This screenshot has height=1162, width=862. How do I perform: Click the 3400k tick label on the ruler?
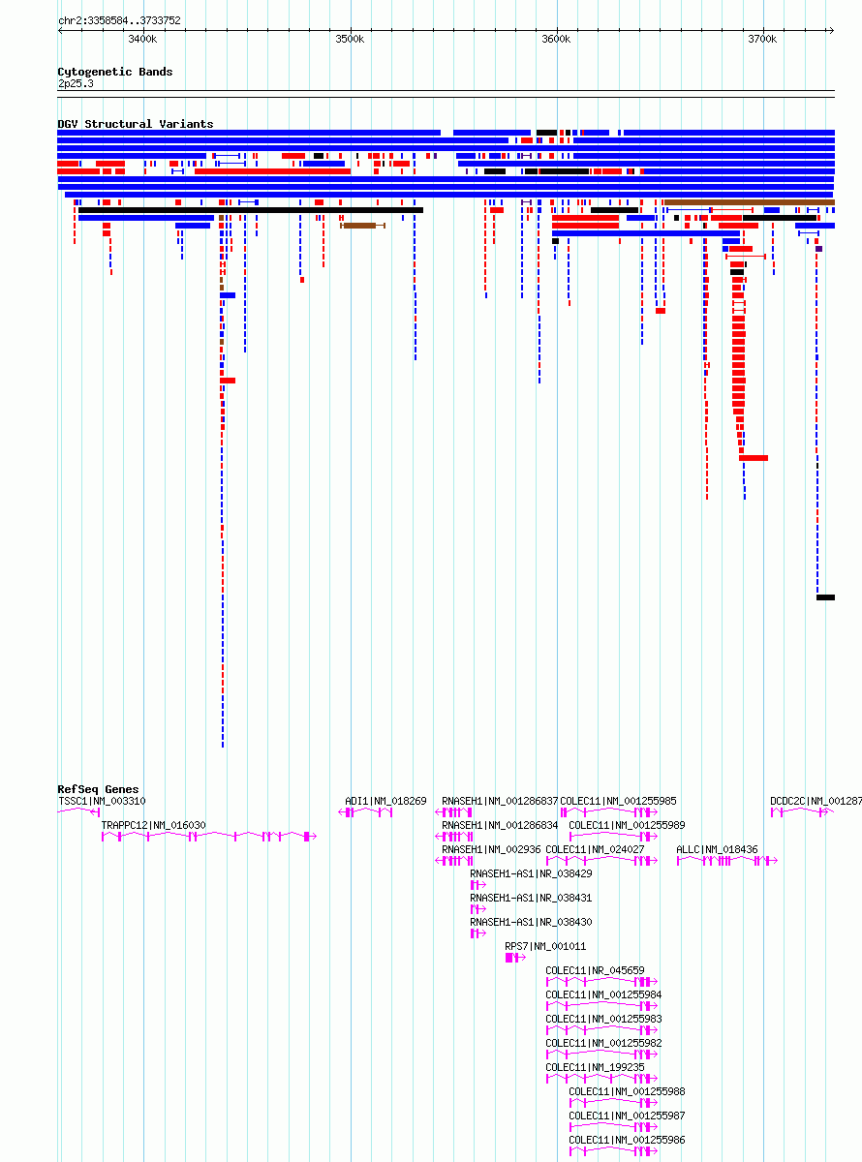point(142,40)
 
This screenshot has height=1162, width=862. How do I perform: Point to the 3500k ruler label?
point(350,40)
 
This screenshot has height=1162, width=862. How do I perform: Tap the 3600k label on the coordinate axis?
point(556,40)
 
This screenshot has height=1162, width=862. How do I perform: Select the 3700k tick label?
point(762,40)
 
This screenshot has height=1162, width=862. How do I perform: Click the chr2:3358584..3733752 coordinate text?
point(119,20)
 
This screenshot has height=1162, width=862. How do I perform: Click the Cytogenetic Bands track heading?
point(114,72)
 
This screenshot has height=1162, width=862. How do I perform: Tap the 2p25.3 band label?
point(76,84)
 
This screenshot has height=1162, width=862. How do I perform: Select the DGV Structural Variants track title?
point(136,124)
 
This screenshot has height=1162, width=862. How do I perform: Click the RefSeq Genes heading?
point(98,789)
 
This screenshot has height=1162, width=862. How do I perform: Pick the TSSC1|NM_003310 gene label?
point(103,801)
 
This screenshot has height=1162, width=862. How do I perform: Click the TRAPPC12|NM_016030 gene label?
point(154,825)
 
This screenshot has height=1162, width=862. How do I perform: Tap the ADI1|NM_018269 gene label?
point(385,801)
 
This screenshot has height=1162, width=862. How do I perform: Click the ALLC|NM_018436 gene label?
point(717,849)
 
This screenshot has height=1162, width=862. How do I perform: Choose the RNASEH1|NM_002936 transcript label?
point(491,849)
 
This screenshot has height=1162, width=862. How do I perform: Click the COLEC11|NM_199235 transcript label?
point(596,1067)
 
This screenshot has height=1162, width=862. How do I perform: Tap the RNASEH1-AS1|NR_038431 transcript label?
point(531,898)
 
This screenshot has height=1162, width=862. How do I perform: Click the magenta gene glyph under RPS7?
point(515,958)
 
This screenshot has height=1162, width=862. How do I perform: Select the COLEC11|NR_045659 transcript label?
point(596,970)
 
